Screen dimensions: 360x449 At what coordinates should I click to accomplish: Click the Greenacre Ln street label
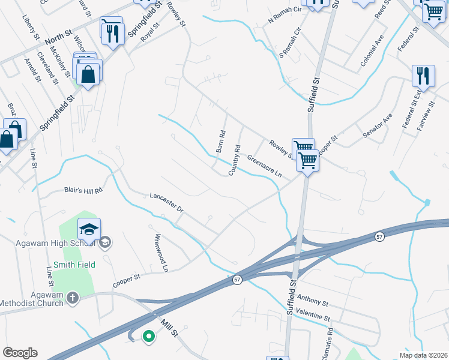point(265,164)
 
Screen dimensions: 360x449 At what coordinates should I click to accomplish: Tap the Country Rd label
point(234,160)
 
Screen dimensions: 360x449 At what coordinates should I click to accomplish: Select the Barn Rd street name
point(220,142)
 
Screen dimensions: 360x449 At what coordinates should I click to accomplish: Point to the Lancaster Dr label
point(166,202)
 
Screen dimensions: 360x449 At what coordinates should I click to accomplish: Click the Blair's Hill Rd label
point(84,190)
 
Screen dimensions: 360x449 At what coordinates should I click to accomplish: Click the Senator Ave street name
point(378,125)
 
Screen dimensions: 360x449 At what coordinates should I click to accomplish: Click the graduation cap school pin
point(89,230)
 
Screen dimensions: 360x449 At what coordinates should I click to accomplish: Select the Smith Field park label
point(74,264)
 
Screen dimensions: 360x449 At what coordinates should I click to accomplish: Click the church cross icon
point(73,298)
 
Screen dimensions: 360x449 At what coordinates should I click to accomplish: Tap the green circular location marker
point(148,337)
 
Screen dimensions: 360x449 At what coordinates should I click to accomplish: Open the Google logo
point(20,353)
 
